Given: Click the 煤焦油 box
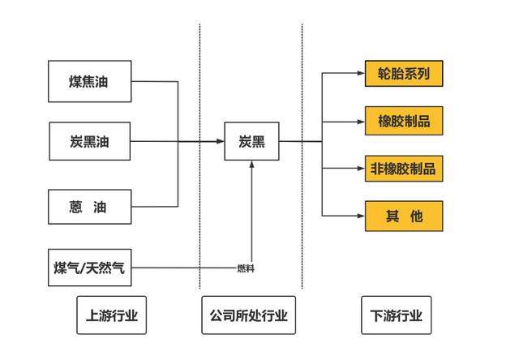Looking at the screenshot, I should tap(89, 81).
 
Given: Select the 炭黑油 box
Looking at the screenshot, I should tap(89, 142).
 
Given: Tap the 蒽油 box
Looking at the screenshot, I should tap(89, 207).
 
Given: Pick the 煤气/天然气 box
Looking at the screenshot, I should tap(89, 268).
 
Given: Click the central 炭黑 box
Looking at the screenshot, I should tap(251, 142).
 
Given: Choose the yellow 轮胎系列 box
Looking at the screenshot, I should tap(404, 75).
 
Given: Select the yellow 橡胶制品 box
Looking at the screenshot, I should tap(404, 122).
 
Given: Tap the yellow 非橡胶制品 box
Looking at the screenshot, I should tap(404, 169).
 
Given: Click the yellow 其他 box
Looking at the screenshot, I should tap(404, 216).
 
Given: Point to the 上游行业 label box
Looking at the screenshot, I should tap(112, 315).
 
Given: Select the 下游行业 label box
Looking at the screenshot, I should tap(397, 315).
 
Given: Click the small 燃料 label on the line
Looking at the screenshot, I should tap(246, 268).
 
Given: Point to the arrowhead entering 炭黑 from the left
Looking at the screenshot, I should tap(220, 142).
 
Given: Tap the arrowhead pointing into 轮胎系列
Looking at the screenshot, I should tap(361, 74).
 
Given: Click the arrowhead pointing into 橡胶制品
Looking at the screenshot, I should tap(361, 122).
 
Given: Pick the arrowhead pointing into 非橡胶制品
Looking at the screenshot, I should tap(361, 169).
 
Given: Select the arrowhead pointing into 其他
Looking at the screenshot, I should tap(361, 216).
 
